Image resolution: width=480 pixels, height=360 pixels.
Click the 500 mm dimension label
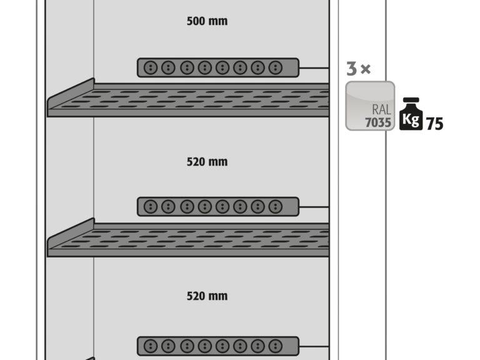(x=207, y=21)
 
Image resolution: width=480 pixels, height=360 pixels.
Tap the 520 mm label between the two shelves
(x=207, y=162)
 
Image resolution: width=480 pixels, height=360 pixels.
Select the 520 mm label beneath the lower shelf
(x=207, y=296)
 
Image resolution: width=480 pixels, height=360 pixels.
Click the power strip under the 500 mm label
(x=218, y=67)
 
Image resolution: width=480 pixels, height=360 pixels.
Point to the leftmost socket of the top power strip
(x=150, y=67)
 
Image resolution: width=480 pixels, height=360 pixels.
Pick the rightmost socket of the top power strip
(x=276, y=67)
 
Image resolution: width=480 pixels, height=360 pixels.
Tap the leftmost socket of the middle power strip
(x=150, y=207)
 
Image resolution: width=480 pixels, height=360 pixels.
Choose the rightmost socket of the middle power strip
(x=276, y=207)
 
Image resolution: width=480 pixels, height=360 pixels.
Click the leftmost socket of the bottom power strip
(x=150, y=346)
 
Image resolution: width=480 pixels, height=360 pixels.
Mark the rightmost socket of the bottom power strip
(x=276, y=346)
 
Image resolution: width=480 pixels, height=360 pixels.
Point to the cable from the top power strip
(x=314, y=67)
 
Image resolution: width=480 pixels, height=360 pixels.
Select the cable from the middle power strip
(x=314, y=207)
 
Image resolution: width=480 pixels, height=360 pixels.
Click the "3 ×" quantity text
(x=359, y=69)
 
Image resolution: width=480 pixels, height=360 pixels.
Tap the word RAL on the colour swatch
(x=381, y=109)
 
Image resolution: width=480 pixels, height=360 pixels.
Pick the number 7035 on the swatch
(x=378, y=122)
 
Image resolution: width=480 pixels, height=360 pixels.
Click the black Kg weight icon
(x=411, y=114)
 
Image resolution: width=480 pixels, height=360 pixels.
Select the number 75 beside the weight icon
(x=434, y=124)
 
